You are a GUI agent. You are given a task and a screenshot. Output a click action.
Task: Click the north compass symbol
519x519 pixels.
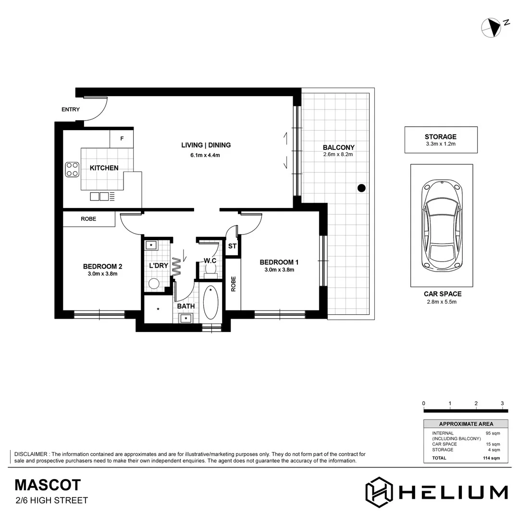click(492, 27)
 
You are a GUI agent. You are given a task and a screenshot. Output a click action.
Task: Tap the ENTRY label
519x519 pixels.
click(71, 110)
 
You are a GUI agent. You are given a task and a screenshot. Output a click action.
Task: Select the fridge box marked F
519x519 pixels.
click(122, 139)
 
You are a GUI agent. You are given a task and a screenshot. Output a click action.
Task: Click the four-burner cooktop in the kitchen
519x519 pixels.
click(72, 170)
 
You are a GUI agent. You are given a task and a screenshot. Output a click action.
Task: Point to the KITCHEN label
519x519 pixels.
click(104, 168)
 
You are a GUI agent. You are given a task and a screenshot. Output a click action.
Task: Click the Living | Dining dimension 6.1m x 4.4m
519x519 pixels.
click(206, 155)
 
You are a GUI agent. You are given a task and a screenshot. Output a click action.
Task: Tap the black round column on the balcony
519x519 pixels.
click(362, 188)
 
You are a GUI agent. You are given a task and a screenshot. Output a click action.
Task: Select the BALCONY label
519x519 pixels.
click(338, 148)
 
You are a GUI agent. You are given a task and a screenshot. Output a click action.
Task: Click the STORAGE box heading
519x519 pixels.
click(441, 137)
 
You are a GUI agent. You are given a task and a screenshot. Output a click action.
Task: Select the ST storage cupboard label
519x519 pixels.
click(233, 247)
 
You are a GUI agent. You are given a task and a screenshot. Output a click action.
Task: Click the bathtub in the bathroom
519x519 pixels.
click(210, 303)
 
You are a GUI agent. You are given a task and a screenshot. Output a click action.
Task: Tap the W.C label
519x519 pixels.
click(210, 261)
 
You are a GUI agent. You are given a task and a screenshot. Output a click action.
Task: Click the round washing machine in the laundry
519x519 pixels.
click(154, 284)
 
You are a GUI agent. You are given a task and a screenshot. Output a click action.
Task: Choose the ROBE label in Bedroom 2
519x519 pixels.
click(88, 219)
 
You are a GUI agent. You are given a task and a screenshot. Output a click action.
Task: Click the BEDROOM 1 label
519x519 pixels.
click(279, 262)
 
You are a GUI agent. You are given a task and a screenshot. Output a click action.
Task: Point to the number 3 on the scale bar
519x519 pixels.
click(502, 403)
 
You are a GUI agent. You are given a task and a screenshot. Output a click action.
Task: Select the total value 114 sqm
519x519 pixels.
click(491, 458)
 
